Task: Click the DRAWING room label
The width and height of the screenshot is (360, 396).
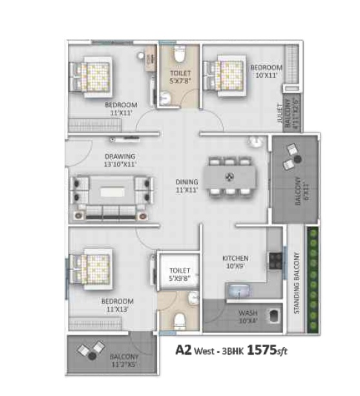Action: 121,156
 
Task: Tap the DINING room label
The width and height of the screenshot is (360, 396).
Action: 187,182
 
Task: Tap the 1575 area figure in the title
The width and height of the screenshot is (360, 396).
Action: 265,352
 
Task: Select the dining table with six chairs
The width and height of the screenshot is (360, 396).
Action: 228,177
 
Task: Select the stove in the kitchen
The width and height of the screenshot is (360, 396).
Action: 274,259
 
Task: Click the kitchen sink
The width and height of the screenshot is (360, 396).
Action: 237,289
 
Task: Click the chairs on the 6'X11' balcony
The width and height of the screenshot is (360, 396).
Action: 293,155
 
